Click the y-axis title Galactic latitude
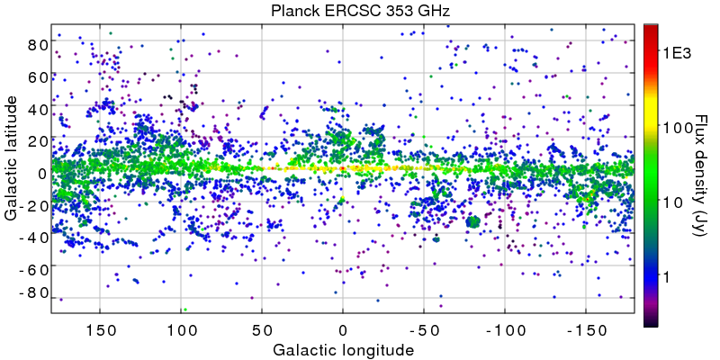point(12,169)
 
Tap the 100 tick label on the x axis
point(181,329)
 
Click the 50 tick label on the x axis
point(262,329)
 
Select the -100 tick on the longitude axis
point(503,329)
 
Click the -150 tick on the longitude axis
point(584,329)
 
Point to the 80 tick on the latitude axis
point(36,44)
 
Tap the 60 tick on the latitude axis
point(36,76)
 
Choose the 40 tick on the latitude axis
point(36,109)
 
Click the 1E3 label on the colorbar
point(676,53)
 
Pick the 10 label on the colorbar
point(670,203)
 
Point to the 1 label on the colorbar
point(667,278)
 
